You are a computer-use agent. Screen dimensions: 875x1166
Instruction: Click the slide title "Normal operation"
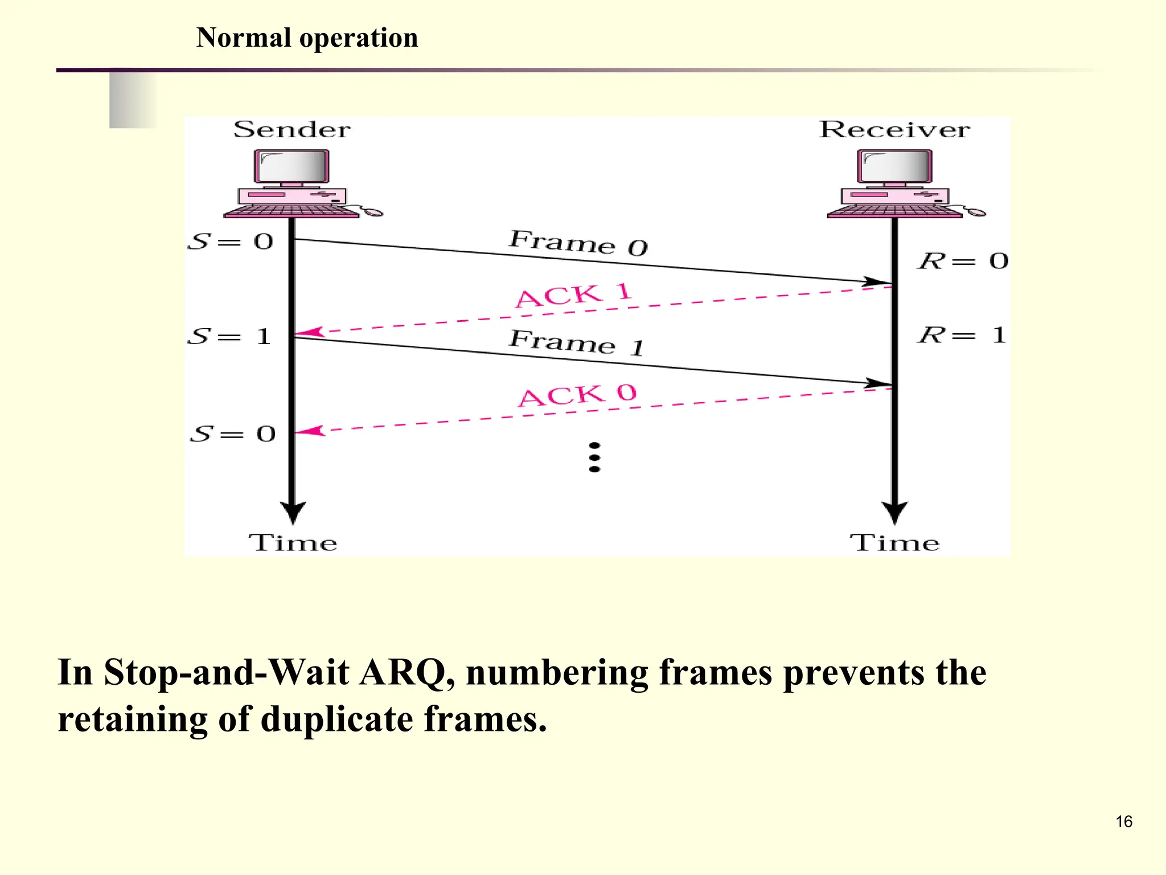click(x=307, y=38)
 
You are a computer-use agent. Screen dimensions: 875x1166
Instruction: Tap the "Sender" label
click(x=292, y=130)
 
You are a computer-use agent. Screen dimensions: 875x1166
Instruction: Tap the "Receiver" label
click(x=894, y=130)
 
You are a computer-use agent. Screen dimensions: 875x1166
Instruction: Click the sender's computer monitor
click(x=291, y=167)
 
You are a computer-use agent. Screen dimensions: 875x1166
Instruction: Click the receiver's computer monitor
click(x=894, y=167)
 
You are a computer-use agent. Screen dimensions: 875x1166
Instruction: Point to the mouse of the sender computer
click(x=373, y=212)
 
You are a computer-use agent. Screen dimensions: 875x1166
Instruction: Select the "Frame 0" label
click(x=578, y=243)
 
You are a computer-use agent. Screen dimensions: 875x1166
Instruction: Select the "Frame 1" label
click(x=576, y=343)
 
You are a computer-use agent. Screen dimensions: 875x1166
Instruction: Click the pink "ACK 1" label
click(x=573, y=295)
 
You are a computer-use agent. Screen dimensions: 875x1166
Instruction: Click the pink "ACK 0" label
click(x=577, y=395)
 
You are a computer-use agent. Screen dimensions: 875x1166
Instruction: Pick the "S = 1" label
click(x=230, y=336)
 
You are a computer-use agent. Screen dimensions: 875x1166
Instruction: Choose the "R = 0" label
click(x=963, y=261)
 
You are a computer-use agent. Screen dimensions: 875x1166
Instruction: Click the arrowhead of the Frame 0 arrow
click(x=877, y=281)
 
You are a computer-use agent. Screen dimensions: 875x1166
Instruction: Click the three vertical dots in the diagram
click(x=594, y=457)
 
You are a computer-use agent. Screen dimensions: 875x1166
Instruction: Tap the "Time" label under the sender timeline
click(x=293, y=543)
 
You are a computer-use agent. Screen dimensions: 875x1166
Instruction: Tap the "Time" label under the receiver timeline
click(x=894, y=543)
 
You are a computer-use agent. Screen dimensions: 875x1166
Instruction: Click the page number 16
click(x=1123, y=821)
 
